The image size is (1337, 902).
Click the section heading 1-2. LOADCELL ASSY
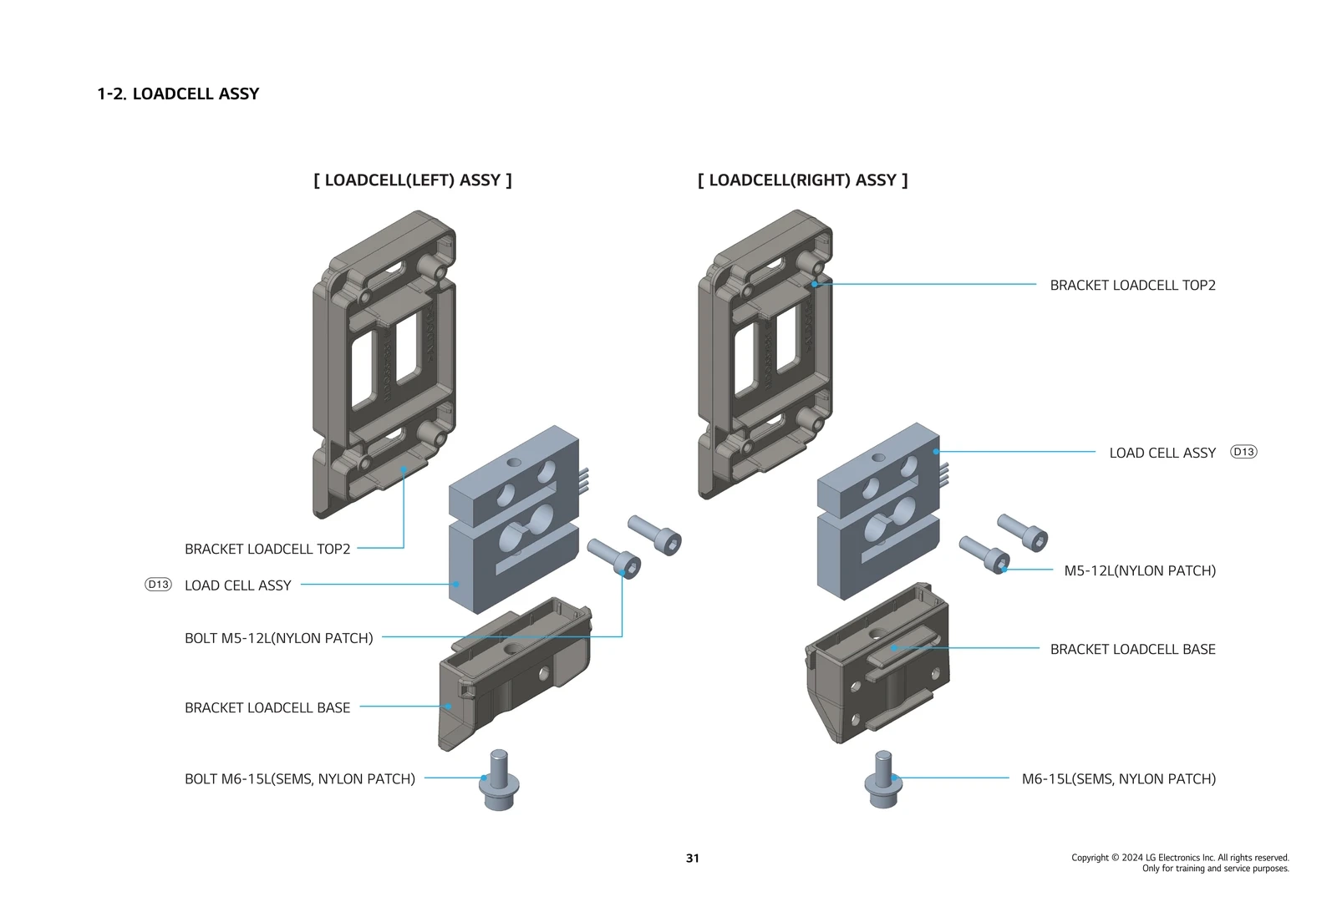click(x=178, y=94)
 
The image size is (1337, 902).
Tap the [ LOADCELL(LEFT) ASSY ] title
click(x=413, y=180)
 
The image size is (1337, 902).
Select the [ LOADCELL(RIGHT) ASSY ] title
click(x=802, y=180)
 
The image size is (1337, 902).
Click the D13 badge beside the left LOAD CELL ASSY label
click(x=158, y=585)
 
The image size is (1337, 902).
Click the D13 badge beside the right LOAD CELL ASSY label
click(x=1243, y=452)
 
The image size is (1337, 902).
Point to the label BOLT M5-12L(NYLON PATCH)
click(x=278, y=638)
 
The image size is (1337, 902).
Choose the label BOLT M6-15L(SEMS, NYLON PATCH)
click(x=299, y=779)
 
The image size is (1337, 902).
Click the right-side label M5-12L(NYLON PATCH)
click(x=1139, y=571)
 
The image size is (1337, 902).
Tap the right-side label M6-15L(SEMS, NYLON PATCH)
click(x=1118, y=779)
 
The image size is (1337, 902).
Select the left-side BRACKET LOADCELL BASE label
click(x=267, y=708)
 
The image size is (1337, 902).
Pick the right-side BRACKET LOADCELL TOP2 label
click(x=1132, y=286)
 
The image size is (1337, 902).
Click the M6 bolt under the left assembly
click(x=499, y=780)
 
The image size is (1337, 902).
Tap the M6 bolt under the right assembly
click(x=883, y=780)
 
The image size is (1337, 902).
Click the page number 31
click(x=692, y=859)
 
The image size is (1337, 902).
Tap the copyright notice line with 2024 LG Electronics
click(x=1180, y=858)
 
